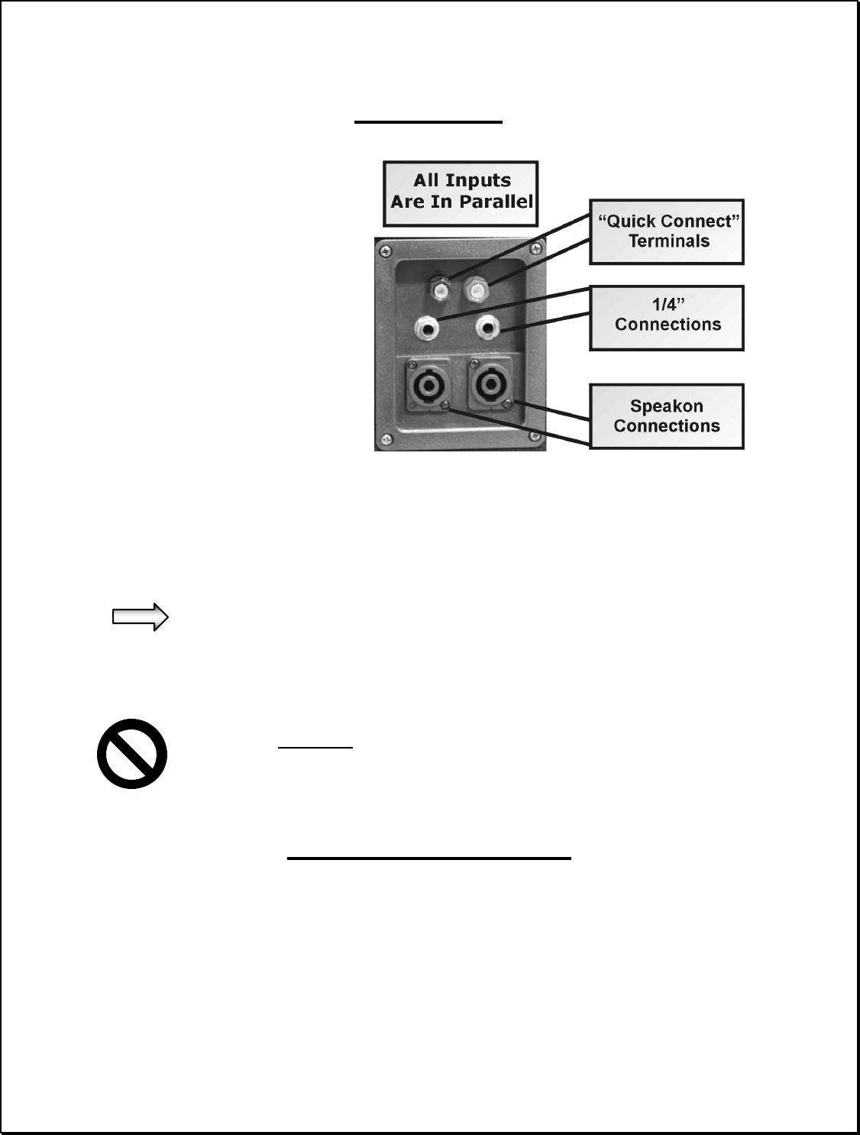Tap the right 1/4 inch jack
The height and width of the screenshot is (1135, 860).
pyautogui.click(x=487, y=329)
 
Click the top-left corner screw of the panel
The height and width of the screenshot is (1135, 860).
pyautogui.click(x=386, y=248)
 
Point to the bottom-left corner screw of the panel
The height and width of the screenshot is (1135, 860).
pyautogui.click(x=386, y=438)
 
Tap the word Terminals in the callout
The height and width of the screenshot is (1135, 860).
pyautogui.click(x=668, y=241)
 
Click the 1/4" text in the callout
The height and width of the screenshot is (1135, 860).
pyautogui.click(x=668, y=305)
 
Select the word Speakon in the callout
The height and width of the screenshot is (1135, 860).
pyautogui.click(x=666, y=406)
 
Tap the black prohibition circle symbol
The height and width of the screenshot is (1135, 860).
pyautogui.click(x=132, y=754)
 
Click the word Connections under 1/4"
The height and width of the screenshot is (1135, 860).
pyautogui.click(x=668, y=325)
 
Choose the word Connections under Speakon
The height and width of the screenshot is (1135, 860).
pyautogui.click(x=666, y=426)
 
